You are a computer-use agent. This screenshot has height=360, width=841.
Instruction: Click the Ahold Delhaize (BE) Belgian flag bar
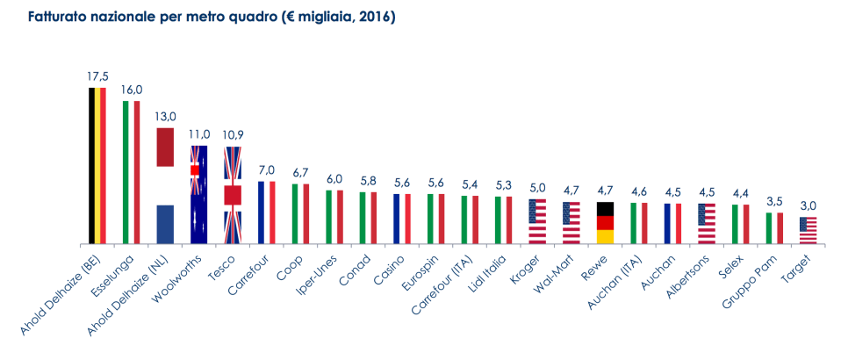(x=97, y=166)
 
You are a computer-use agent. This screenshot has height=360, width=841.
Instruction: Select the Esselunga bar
(x=131, y=172)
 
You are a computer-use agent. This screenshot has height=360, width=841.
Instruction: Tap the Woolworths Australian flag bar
(x=198, y=195)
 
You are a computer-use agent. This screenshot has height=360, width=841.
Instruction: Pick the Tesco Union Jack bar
(x=233, y=195)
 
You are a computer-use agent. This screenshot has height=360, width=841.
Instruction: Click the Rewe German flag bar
(x=605, y=222)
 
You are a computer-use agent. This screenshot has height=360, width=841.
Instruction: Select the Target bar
(x=809, y=230)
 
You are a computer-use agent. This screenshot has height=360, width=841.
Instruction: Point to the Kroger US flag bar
(x=537, y=221)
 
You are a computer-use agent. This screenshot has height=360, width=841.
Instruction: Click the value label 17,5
(x=97, y=76)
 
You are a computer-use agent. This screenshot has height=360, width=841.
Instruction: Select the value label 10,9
(x=233, y=135)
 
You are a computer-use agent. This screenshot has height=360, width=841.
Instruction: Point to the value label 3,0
(x=809, y=206)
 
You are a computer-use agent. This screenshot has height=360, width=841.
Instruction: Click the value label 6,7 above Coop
(x=300, y=173)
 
